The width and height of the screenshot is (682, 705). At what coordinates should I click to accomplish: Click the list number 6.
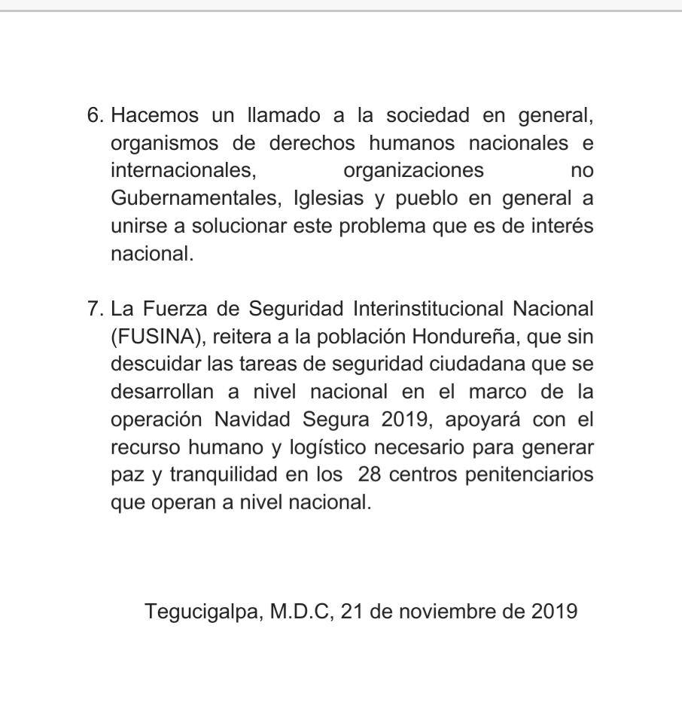[x=94, y=116]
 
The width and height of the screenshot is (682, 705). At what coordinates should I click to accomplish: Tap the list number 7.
[x=94, y=309]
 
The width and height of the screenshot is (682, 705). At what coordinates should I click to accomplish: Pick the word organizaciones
[x=414, y=171]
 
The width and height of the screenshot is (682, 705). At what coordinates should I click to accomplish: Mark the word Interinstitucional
[x=428, y=309]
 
